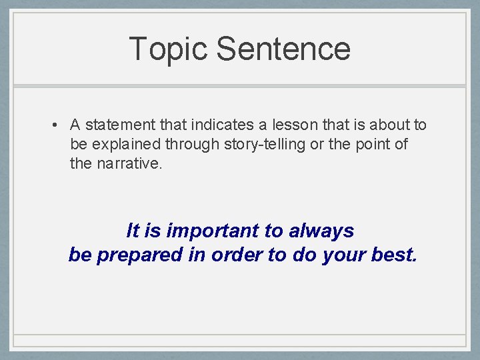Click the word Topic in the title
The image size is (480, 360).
tap(168, 49)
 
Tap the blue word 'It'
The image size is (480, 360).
tap(133, 231)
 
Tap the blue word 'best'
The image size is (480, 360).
tap(396, 255)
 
